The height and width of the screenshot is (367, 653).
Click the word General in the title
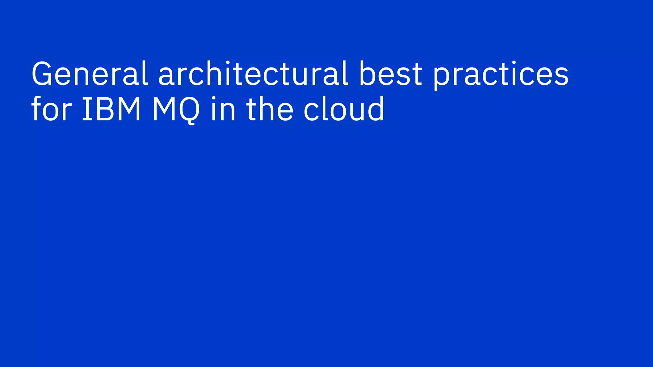(90, 74)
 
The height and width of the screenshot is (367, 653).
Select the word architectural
(253, 74)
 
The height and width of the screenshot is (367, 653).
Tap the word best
(391, 74)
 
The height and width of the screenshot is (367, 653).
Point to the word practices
(500, 75)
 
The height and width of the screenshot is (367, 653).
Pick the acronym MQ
(176, 110)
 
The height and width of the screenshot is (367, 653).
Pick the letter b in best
(370, 74)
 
